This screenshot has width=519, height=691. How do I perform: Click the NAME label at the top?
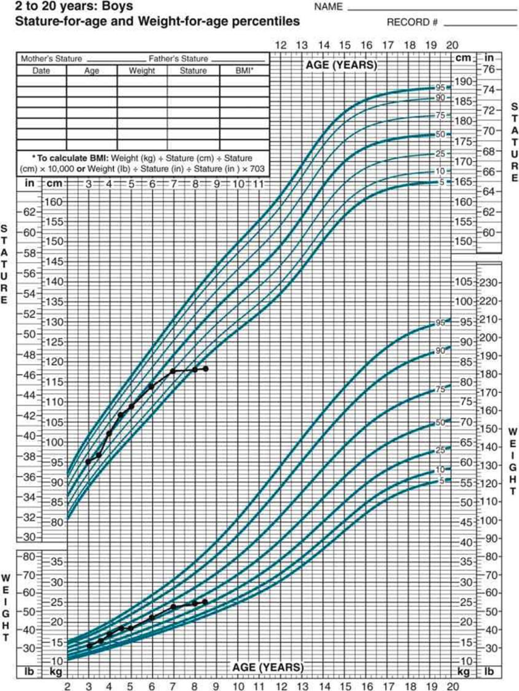[x=328, y=7]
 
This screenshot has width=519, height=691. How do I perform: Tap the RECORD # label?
[x=412, y=22]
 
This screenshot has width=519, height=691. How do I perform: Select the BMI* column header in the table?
[x=244, y=71]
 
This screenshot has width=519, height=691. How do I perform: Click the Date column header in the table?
[x=41, y=71]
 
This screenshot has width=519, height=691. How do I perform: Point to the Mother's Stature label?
[x=51, y=59]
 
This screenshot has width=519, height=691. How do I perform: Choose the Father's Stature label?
[x=178, y=59]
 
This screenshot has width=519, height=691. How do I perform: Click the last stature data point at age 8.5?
[x=205, y=369]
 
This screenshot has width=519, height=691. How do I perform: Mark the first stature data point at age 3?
[x=88, y=462]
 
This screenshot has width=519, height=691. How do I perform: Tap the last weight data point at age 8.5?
[x=205, y=602]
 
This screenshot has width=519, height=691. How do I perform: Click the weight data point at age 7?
[x=173, y=607]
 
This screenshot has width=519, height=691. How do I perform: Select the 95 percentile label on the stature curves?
[x=440, y=87]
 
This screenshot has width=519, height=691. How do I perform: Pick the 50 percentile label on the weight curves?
[x=440, y=423]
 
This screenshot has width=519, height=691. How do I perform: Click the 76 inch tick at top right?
[x=489, y=70]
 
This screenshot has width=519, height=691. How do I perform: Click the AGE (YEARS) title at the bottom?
[x=268, y=667]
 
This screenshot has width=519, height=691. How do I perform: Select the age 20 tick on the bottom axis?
[x=452, y=686]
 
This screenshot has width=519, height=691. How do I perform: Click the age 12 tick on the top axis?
[x=281, y=45]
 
